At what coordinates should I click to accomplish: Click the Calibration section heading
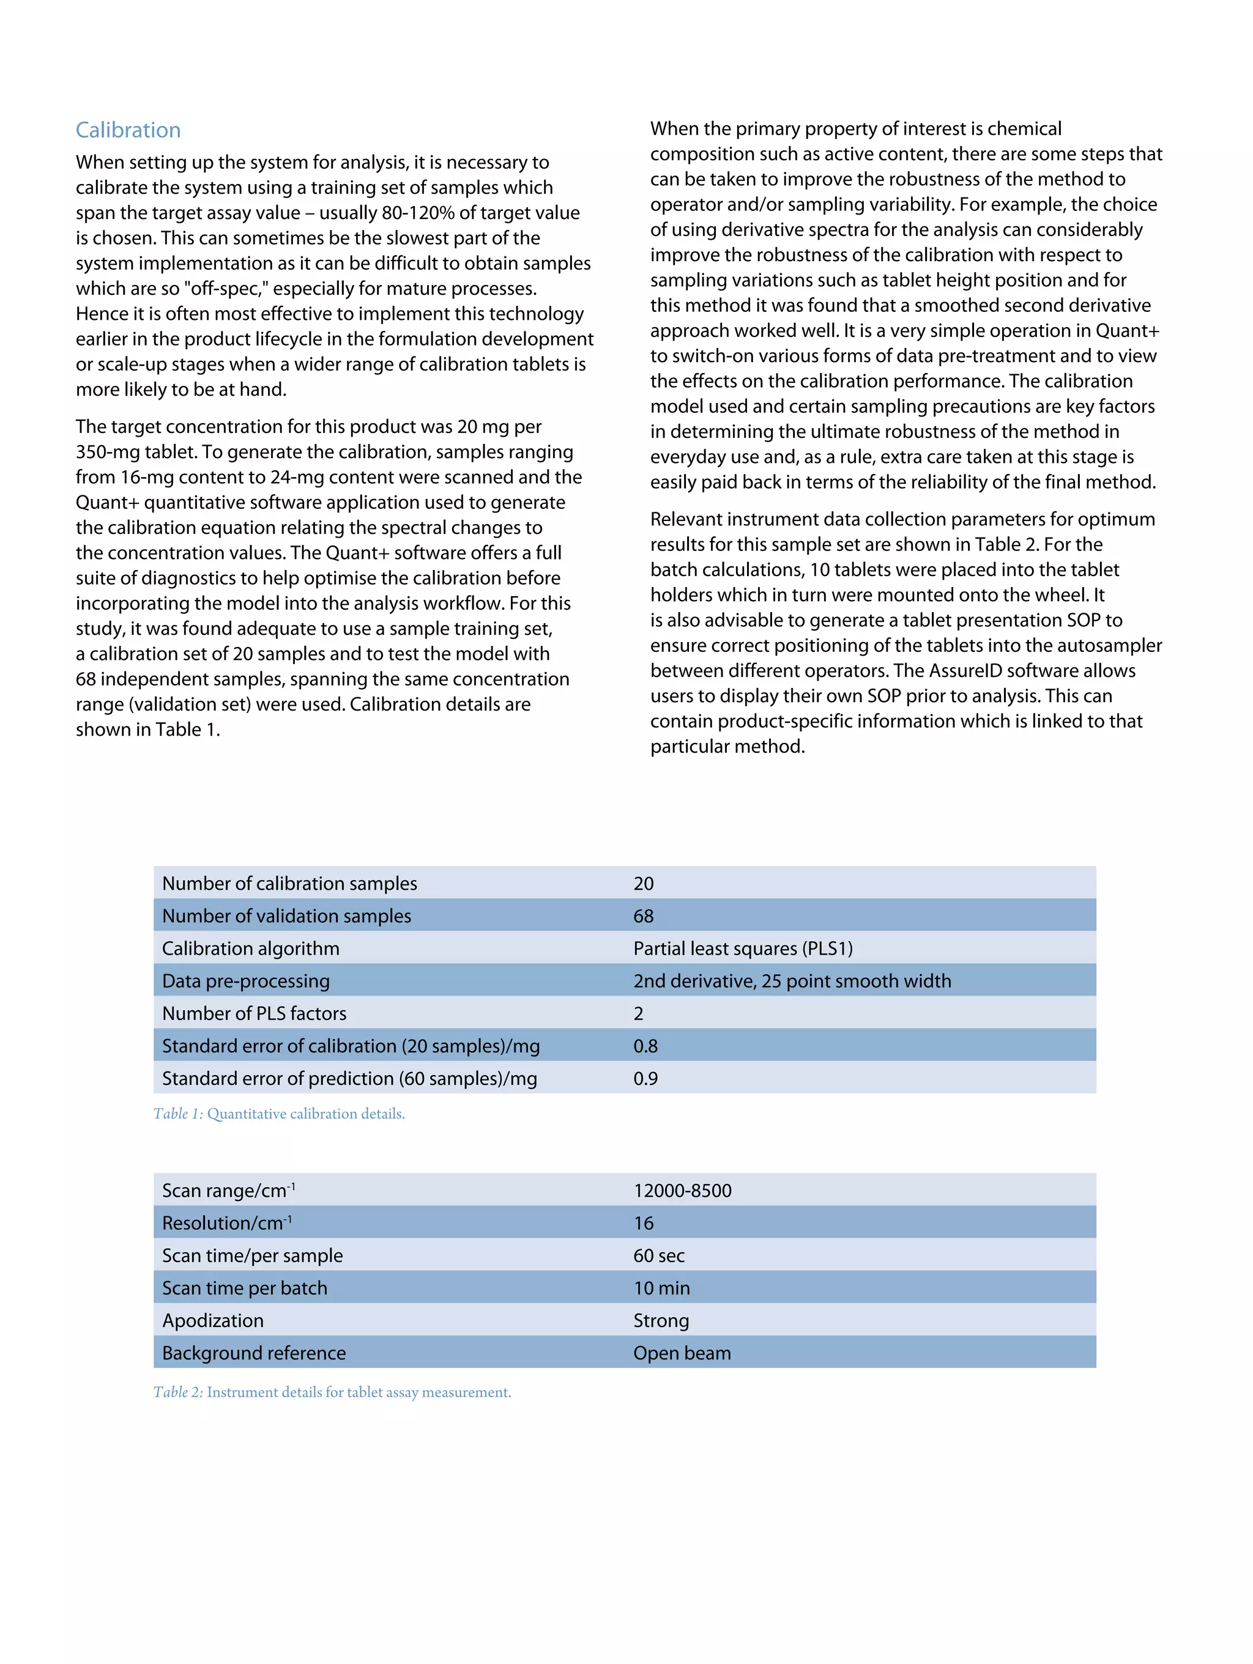click(x=128, y=130)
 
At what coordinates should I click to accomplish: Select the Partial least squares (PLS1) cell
click(x=742, y=948)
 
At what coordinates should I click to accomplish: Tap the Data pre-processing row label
click(x=245, y=980)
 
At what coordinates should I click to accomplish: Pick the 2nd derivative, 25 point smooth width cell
click(x=792, y=980)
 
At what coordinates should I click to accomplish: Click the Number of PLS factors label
click(x=254, y=1013)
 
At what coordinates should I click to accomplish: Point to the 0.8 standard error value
click(x=645, y=1046)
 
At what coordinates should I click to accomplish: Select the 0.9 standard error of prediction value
click(x=645, y=1078)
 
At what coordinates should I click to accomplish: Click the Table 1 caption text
click(x=278, y=1114)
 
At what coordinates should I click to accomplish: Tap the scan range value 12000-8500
click(x=682, y=1190)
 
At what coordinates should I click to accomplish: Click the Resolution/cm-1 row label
click(x=226, y=1222)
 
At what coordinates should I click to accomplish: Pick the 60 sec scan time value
click(x=658, y=1255)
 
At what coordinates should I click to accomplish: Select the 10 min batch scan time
click(x=661, y=1288)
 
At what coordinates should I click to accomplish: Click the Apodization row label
click(x=213, y=1320)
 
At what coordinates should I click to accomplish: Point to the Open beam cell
click(x=681, y=1353)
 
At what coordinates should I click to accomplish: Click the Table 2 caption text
click(x=332, y=1392)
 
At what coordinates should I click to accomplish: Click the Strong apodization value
click(x=661, y=1320)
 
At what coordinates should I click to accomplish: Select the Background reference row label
click(x=254, y=1353)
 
